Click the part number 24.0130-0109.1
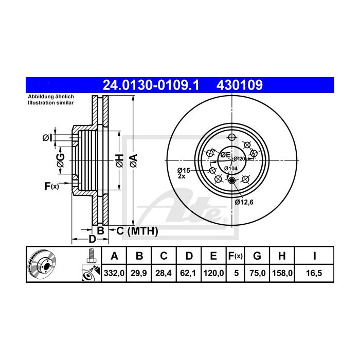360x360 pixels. (x=151, y=85)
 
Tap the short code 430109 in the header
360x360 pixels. (x=240, y=85)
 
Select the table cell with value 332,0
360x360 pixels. (x=114, y=273)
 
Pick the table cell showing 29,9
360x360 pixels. (x=139, y=273)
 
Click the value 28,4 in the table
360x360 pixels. (x=164, y=273)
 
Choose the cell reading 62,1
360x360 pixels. (x=188, y=273)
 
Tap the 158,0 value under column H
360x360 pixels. (x=282, y=273)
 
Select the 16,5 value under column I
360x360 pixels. (x=314, y=273)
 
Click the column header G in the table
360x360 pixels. (x=257, y=256)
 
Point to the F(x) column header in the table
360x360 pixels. (x=236, y=256)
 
